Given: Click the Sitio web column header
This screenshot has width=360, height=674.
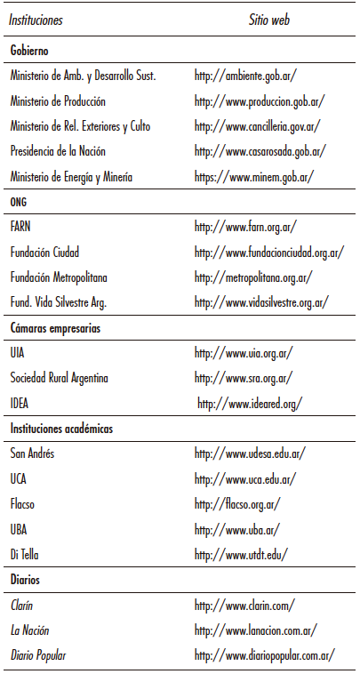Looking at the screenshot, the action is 268,18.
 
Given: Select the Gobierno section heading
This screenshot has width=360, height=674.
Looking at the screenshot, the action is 29,51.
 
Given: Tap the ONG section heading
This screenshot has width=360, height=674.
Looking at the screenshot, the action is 20,202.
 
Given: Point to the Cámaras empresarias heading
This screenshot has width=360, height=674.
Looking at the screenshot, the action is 55,328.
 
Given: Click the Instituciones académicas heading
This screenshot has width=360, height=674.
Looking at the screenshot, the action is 63,429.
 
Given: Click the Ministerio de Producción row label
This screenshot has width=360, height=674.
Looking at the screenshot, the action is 58,101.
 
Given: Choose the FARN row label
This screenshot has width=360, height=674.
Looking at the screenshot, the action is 21,228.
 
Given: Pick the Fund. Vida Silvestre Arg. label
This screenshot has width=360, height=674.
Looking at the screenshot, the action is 59,303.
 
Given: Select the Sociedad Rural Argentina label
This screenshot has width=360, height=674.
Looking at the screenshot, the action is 60,379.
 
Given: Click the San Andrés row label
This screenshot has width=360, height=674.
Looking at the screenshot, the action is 32,454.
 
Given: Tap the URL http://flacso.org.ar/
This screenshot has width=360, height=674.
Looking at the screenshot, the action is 237,504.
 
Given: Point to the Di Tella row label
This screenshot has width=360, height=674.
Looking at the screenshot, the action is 25,555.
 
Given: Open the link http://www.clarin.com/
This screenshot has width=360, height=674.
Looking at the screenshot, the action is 244,606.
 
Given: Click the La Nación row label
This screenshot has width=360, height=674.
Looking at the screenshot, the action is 30,630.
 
